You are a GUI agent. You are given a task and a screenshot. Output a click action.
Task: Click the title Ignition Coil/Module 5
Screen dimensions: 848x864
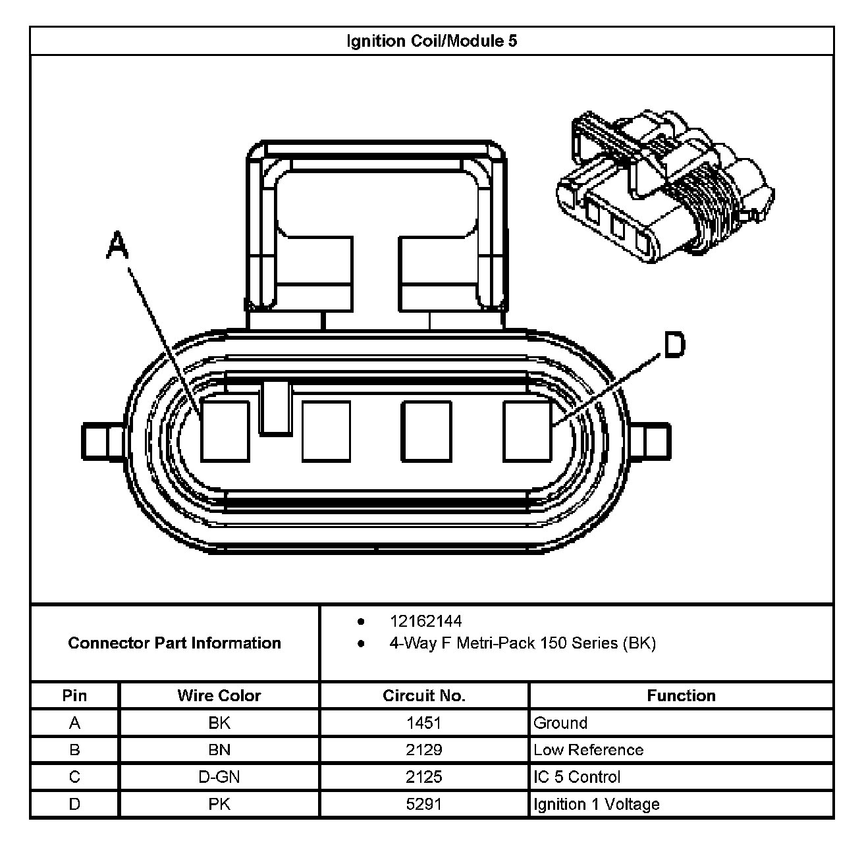tap(431, 41)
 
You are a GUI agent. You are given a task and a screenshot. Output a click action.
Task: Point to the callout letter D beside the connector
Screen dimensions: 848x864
tap(674, 344)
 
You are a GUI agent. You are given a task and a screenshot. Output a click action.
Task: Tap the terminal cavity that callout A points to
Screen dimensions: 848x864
tap(225, 431)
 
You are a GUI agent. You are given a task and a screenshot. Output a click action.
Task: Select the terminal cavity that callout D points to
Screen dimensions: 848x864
tap(527, 431)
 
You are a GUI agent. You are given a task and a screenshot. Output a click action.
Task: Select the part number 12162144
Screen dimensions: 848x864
tap(425, 621)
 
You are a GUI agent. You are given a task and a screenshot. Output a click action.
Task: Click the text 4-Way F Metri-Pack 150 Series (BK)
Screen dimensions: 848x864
tap(522, 643)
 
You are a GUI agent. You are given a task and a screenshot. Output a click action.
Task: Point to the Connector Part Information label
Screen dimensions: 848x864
tap(175, 643)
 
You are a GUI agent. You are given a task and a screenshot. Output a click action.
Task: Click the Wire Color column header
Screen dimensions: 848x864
tap(219, 696)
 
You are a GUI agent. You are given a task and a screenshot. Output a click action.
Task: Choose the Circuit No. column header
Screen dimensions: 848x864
tap(424, 696)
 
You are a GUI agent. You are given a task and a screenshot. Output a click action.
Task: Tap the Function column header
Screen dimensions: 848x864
tap(681, 696)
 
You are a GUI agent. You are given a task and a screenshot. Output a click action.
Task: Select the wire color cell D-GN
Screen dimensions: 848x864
tap(219, 777)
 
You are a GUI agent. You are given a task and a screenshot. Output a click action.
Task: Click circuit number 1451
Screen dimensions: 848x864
tap(424, 723)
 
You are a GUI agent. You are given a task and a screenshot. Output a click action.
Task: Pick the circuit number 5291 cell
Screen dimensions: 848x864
tap(424, 804)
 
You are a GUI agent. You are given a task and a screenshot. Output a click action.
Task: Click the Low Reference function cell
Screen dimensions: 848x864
tap(588, 750)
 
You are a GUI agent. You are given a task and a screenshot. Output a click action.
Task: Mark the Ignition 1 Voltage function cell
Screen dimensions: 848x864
tap(596, 804)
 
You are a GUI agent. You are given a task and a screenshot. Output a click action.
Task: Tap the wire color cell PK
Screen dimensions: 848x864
tap(219, 804)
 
